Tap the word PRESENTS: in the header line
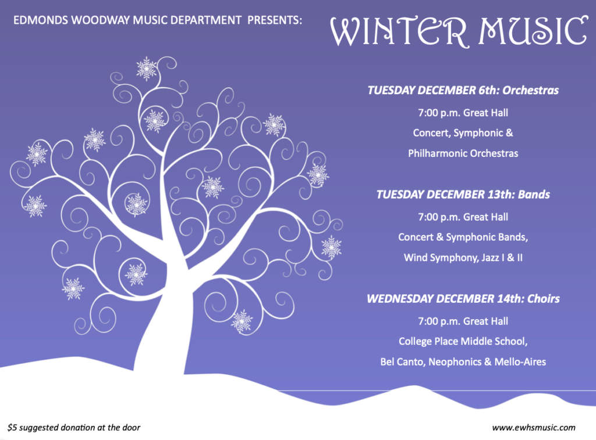pos(275,20)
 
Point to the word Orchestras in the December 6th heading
pos(531,90)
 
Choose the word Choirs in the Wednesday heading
pos(544,299)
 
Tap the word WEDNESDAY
pos(399,299)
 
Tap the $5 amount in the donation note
pos(12,427)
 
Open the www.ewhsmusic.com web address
pos(534,427)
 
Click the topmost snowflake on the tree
pos(146,69)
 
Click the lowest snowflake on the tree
pos(242,321)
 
